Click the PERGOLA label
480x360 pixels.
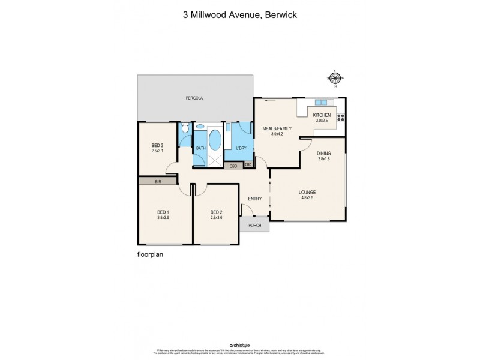[x=192, y=97]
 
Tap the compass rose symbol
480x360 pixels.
[x=335, y=77]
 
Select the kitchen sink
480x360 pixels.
[x=321, y=103]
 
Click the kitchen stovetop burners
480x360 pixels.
[x=341, y=116]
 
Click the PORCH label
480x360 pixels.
[x=254, y=225]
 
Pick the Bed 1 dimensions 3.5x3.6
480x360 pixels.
[x=164, y=218]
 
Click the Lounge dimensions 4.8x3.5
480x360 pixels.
[x=308, y=197]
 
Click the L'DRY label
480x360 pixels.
[x=242, y=148]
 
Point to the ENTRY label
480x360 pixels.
[x=254, y=199]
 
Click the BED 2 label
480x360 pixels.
[x=217, y=212]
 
